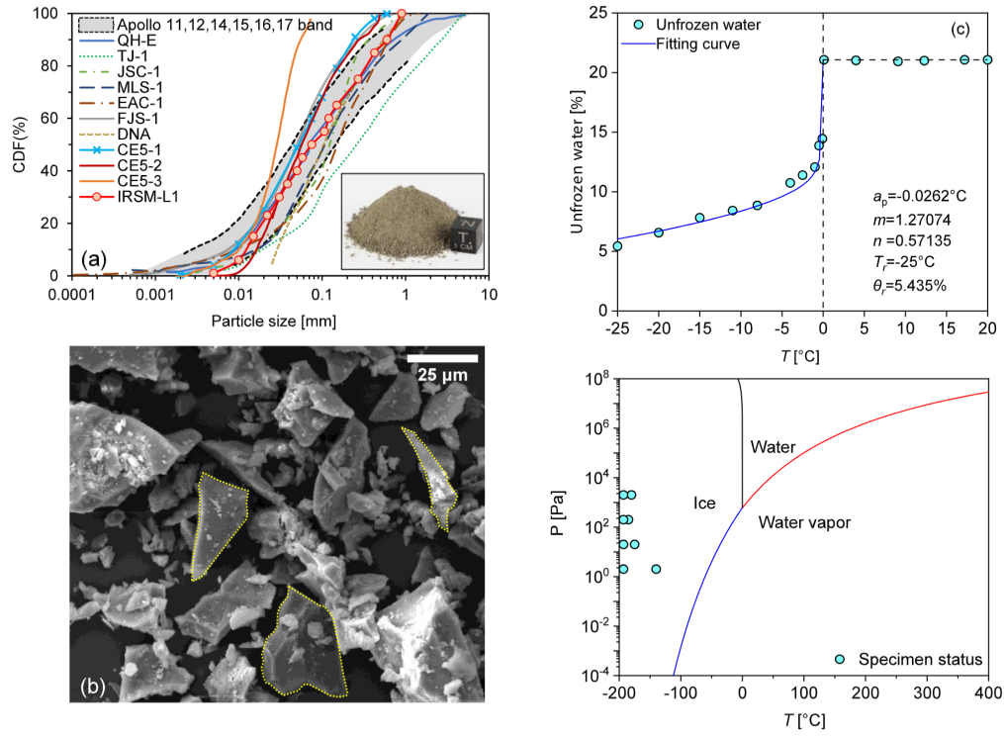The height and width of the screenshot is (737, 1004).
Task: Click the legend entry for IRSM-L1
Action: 129,197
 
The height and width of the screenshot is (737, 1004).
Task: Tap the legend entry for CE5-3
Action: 121,181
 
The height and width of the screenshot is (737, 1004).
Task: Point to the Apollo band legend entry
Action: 206,25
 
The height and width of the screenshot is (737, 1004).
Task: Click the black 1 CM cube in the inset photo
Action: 466,233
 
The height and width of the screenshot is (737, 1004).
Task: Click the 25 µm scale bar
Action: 442,358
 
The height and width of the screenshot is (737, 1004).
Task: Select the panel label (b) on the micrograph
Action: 93,687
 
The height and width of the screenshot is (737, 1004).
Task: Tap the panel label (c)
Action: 959,29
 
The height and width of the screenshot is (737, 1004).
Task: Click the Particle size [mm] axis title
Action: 274,321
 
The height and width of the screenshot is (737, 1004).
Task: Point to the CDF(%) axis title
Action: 19,144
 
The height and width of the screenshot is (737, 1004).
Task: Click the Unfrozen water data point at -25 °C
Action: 617,246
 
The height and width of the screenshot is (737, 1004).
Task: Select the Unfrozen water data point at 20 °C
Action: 987,59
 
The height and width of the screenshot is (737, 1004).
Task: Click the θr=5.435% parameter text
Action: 909,286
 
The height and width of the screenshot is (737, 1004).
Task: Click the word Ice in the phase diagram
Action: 704,504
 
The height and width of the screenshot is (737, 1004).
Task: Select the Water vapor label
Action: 804,522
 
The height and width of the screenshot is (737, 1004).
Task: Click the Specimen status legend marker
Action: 840,660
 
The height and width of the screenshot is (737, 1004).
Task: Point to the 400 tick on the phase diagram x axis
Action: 987,692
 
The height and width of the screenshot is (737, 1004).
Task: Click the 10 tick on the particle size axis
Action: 489,295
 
